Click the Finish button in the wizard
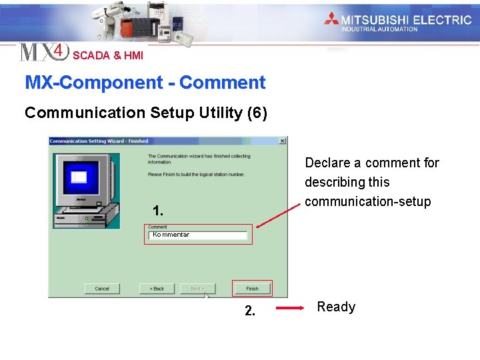252,289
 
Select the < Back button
157,289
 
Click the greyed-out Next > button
197,289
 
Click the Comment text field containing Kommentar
198,235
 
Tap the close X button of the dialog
282,141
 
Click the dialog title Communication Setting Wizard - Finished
99,141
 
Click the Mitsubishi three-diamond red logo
331,19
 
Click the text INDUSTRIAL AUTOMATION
379,29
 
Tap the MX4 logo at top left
43,52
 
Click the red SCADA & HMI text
108,55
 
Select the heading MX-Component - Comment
145,83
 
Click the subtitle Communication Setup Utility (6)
146,113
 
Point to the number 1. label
157,211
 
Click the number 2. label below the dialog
249,311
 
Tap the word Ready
336,307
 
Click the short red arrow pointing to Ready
291,308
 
